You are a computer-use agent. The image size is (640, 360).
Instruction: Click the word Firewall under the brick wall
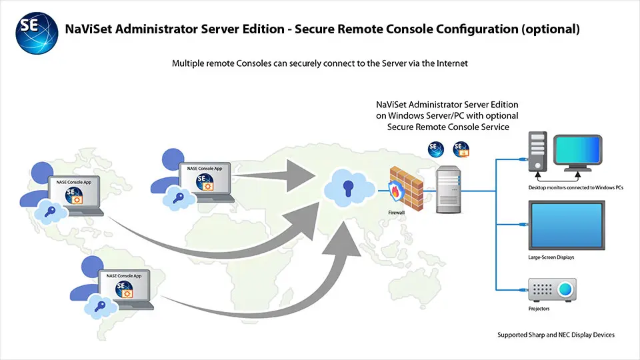coord(397,211)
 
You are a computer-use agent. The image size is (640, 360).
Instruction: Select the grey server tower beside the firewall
coord(449,191)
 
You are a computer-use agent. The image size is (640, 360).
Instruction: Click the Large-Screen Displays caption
coord(550,257)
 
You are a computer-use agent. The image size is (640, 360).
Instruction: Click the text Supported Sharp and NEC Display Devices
coord(556,335)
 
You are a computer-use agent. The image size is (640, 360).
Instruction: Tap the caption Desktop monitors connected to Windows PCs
coord(575,188)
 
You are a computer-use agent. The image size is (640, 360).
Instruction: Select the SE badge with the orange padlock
coord(461,149)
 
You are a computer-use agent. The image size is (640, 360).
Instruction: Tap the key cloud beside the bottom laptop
coord(101,306)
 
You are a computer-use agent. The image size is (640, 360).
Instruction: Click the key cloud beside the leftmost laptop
coord(51,212)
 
